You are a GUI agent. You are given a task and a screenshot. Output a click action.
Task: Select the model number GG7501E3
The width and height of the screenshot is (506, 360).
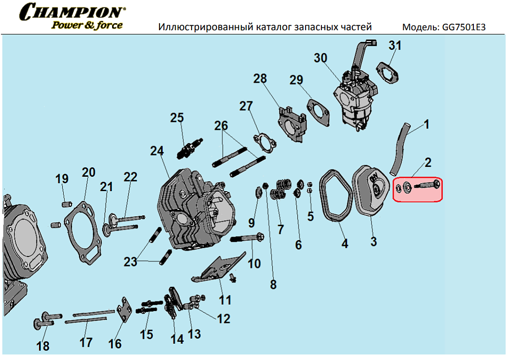(462, 27)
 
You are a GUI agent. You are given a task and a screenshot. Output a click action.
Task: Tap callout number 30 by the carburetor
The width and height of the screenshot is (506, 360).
(320, 58)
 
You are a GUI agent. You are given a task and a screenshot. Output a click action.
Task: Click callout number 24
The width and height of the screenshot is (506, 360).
(156, 151)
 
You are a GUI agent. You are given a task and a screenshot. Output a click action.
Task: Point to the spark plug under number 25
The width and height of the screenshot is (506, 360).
(190, 148)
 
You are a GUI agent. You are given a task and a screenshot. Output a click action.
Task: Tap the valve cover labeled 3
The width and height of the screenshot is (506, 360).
(371, 190)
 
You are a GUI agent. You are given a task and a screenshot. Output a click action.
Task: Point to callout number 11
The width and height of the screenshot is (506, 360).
(225, 300)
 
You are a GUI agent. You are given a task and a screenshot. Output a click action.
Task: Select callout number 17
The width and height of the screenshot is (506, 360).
(86, 342)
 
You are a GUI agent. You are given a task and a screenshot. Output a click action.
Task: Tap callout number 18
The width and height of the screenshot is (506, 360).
(43, 346)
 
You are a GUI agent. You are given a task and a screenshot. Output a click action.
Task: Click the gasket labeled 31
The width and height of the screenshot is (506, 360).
(390, 72)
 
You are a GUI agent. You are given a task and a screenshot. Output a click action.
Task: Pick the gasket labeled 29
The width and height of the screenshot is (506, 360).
(318, 112)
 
